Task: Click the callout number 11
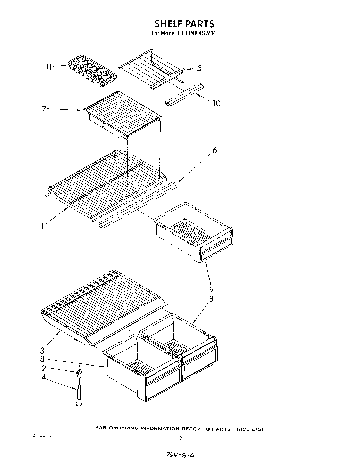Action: pos(49,66)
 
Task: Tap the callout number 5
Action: pos(199,68)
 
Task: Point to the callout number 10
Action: pos(216,104)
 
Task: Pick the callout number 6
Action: pos(215,150)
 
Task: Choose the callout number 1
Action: pos(42,227)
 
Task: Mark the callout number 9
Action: pos(211,289)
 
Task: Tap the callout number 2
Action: pos(44,368)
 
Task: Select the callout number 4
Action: pos(44,377)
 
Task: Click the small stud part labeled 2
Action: pos(79,373)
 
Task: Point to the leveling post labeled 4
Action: pos(78,395)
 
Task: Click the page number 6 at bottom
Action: pos(180,438)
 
